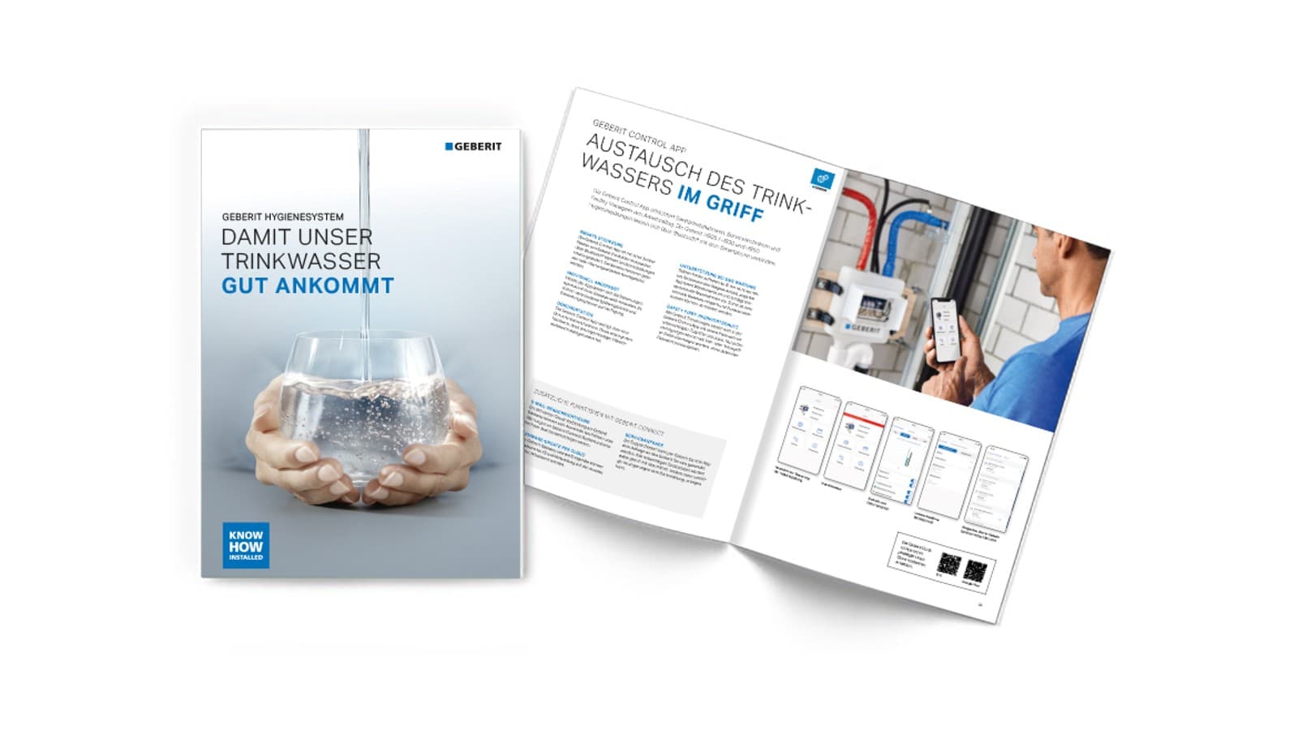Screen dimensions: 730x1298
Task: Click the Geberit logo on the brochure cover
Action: [474, 147]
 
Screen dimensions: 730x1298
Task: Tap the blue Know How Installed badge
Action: [246, 545]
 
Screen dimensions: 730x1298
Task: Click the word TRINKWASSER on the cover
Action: [301, 261]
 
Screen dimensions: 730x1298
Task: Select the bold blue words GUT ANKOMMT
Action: [307, 286]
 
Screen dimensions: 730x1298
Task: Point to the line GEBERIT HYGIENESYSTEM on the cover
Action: [282, 217]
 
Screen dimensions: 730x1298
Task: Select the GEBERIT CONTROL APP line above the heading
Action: [639, 137]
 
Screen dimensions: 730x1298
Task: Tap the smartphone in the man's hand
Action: [943, 330]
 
